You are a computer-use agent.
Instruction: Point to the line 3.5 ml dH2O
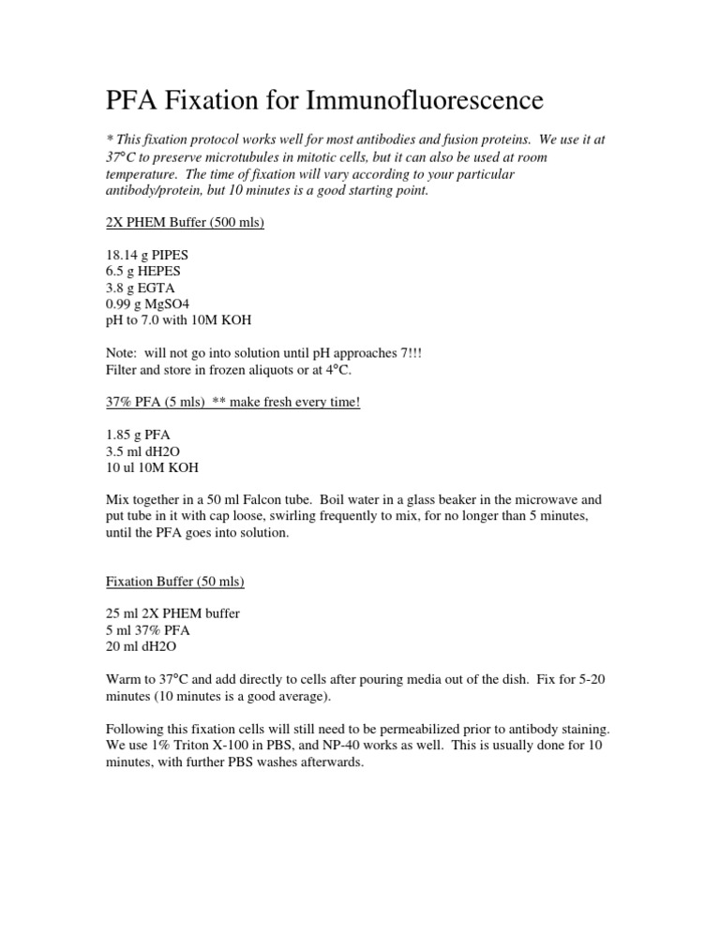pyautogui.click(x=142, y=451)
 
